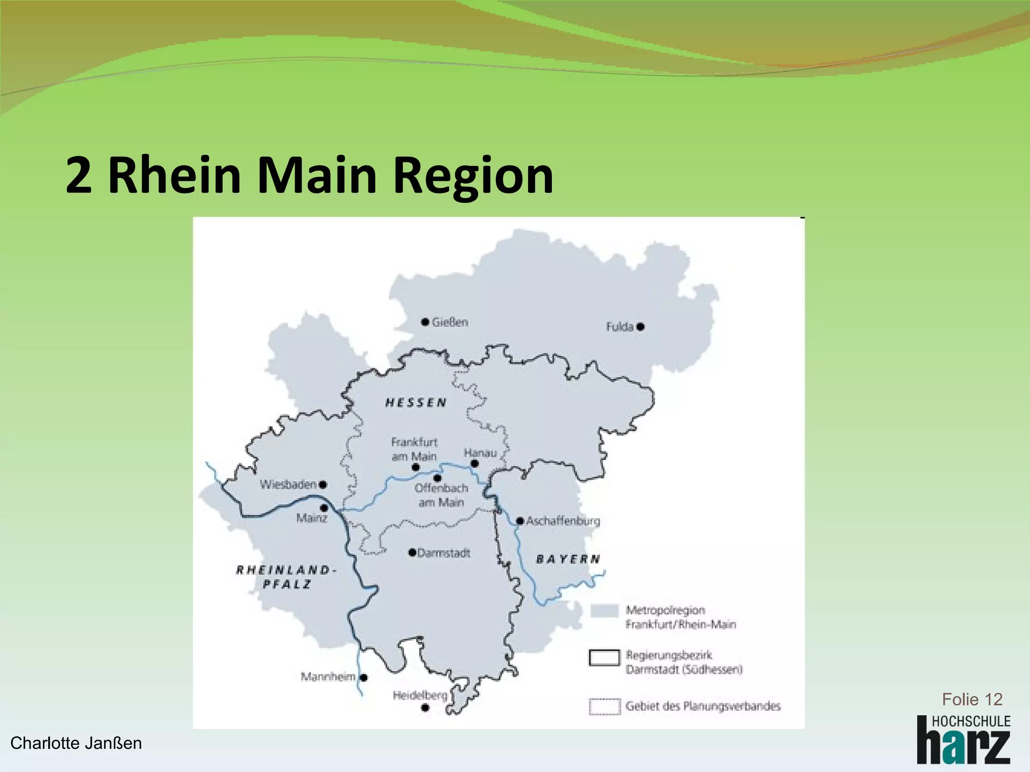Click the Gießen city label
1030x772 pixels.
pos(450,322)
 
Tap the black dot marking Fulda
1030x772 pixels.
pos(640,327)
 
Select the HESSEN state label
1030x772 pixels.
pos(416,403)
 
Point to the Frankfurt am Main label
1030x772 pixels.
pos(414,449)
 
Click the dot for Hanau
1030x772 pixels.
pos(474,464)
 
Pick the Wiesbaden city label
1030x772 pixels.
pos(288,485)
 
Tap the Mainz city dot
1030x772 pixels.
pos(324,508)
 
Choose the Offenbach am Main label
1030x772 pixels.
pos(441,495)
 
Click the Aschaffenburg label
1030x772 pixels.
pos(563,521)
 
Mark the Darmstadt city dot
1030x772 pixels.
pos(412,553)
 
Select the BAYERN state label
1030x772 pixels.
pos(568,559)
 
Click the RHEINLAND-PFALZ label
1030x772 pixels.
pos(285,576)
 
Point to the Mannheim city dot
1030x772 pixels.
pos(364,678)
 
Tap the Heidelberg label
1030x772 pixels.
pos(420,695)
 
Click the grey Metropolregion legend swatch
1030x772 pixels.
pos(604,610)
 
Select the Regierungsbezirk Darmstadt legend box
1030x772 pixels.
pos(604,657)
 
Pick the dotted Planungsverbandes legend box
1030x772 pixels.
pos(604,706)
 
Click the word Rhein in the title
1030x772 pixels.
pos(175,175)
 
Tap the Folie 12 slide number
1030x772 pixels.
pos(972,699)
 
